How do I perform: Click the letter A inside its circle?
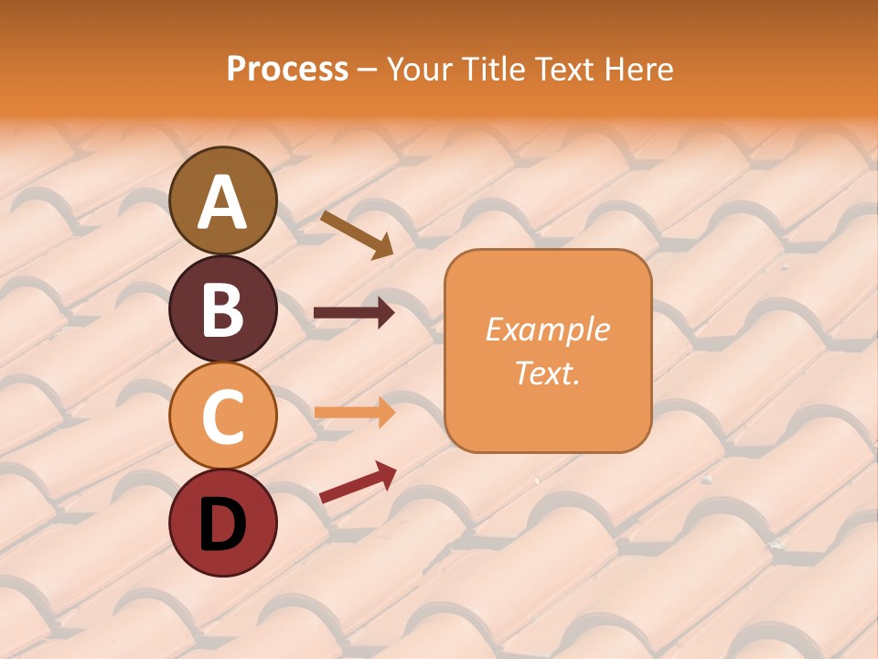pyautogui.click(x=222, y=202)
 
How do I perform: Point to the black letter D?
pyautogui.click(x=222, y=524)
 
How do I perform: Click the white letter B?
pyautogui.click(x=222, y=309)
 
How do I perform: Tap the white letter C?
pyautogui.click(x=222, y=416)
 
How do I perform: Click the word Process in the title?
pyautogui.click(x=287, y=70)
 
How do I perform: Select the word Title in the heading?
pyautogui.click(x=497, y=70)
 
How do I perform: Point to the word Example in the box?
pyautogui.click(x=547, y=329)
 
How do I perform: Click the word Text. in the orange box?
pyautogui.click(x=547, y=373)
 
